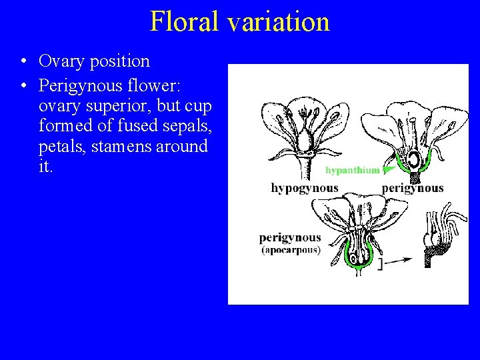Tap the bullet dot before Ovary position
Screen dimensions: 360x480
[x=23, y=62]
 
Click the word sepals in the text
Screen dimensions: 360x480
[x=184, y=126]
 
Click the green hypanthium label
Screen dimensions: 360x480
[x=351, y=170]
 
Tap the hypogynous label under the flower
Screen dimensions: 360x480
[x=305, y=189]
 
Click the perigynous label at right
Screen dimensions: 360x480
[x=413, y=189]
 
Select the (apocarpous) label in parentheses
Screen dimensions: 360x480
[x=291, y=250]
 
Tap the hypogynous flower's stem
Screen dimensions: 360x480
[x=305, y=166]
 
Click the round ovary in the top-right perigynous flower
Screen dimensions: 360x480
[x=414, y=160]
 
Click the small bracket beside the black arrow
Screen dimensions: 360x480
[x=379, y=264]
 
